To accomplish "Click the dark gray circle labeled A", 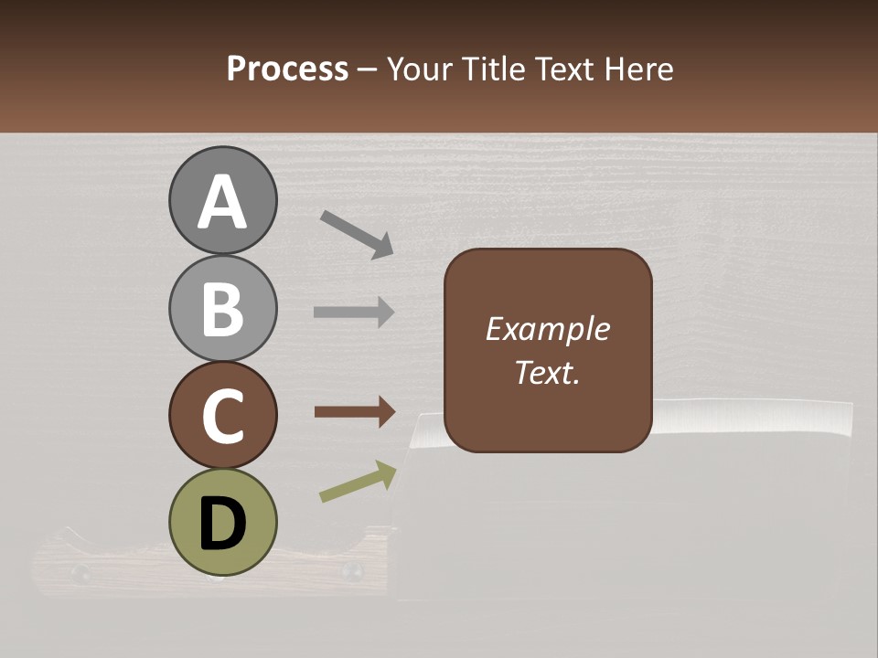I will click(222, 200).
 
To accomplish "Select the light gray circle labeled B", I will click(222, 308).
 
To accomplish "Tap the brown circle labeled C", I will click(222, 415).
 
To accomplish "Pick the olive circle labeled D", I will click(222, 522).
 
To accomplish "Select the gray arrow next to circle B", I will click(354, 313).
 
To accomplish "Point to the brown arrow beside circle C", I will click(355, 413).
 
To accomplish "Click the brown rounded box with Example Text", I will click(548, 350).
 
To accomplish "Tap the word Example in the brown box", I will click(547, 329).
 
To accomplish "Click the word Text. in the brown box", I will click(547, 373).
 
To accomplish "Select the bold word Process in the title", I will click(287, 69).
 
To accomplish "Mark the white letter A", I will click(222, 202).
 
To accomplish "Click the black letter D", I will click(222, 524).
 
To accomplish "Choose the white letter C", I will click(222, 417).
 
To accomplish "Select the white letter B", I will click(222, 309).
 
